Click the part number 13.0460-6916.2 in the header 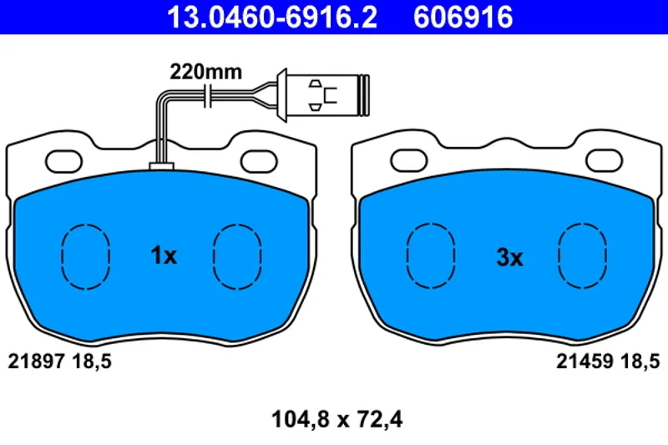(272, 17)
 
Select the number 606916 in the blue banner (463, 17)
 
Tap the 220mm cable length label (205, 72)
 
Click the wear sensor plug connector (322, 95)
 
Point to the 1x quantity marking (164, 255)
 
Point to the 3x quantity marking (509, 257)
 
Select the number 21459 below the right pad (584, 362)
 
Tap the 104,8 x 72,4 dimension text (337, 419)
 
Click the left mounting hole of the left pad (64, 162)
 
